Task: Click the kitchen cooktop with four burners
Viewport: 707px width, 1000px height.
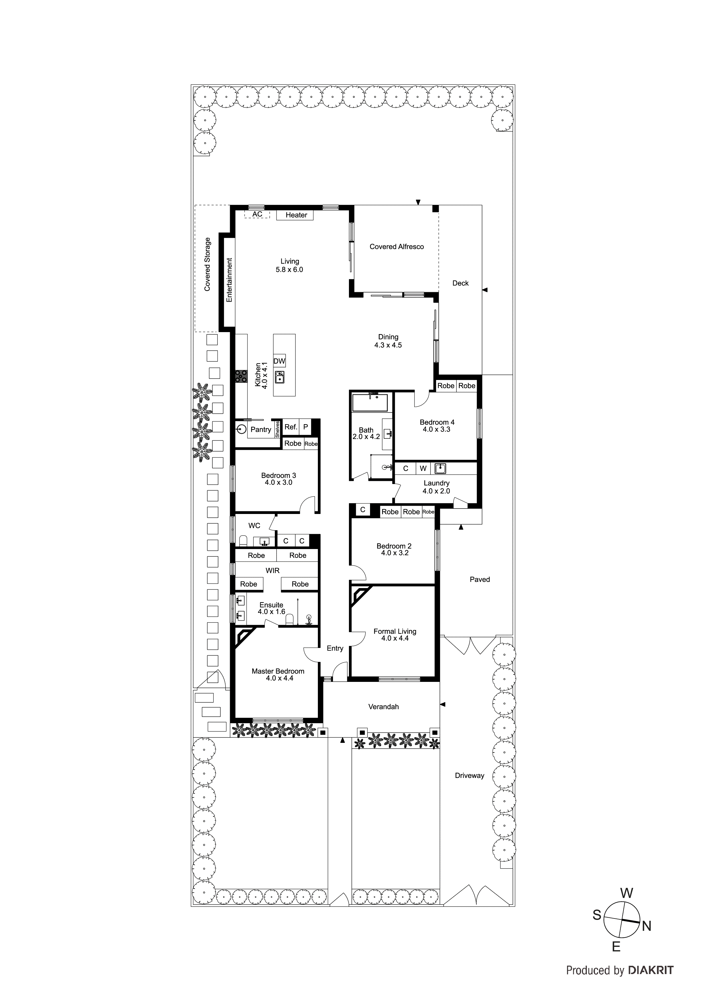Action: [x=241, y=376]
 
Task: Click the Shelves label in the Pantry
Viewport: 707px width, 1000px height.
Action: [x=277, y=429]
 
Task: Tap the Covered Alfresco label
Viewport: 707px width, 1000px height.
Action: [x=397, y=247]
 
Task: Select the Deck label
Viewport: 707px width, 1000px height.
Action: [x=460, y=283]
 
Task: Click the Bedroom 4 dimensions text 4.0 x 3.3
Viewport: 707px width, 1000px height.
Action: [x=436, y=429]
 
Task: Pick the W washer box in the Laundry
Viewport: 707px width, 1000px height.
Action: [x=423, y=469]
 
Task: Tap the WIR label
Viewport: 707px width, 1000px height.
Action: [x=273, y=571]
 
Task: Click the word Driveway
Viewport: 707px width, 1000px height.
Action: [x=470, y=775]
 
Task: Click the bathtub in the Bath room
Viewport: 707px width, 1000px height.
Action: [x=370, y=403]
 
